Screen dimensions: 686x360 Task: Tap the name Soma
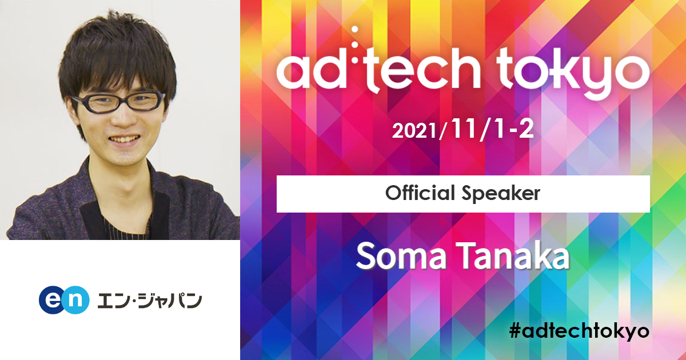401,257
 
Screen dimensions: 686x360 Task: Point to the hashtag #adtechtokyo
579,331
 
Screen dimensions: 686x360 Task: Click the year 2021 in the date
414,131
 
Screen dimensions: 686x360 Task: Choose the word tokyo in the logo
573,73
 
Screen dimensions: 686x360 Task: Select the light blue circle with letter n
75,300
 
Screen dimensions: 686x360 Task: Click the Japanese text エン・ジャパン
149,301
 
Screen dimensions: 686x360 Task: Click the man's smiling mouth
124,139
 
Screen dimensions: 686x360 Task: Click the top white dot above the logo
355,29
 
